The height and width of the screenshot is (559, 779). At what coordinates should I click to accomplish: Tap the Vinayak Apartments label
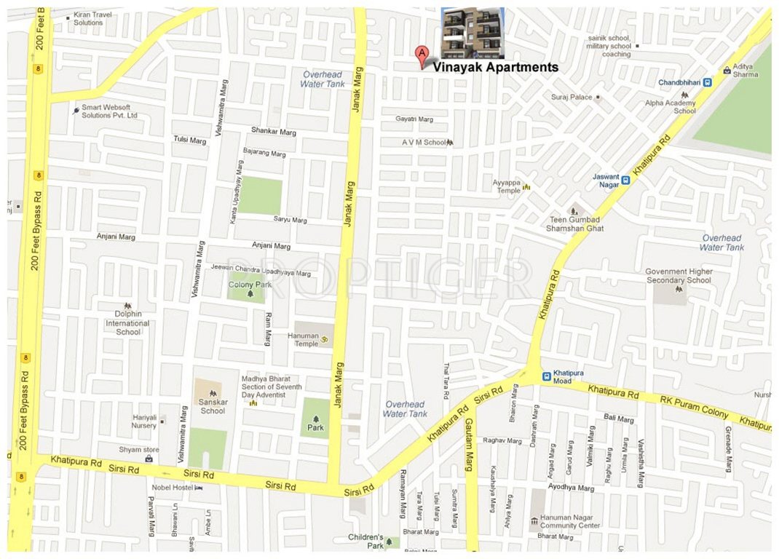coord(496,68)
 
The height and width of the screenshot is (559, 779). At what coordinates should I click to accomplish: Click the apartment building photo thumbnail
coord(472,32)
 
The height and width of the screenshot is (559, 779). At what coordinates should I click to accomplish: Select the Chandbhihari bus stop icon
coord(707,82)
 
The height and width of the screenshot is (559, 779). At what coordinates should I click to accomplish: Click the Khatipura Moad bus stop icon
coord(546,376)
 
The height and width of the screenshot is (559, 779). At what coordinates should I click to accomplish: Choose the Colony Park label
coord(250,285)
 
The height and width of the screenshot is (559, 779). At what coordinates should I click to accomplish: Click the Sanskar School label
coord(213,406)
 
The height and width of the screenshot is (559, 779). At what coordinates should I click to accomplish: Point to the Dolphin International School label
coord(128,323)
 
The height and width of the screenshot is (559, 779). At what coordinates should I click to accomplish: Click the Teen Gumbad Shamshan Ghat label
coord(575,223)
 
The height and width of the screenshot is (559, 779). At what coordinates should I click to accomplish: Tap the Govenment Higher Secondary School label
coord(679,276)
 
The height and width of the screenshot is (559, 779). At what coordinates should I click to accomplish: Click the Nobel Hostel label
coord(172,488)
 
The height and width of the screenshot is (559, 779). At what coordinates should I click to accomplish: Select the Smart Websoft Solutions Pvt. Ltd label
coord(109,111)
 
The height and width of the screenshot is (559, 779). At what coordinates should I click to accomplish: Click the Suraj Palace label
coord(572,97)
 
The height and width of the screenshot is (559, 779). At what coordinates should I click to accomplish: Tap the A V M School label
coord(424,143)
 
